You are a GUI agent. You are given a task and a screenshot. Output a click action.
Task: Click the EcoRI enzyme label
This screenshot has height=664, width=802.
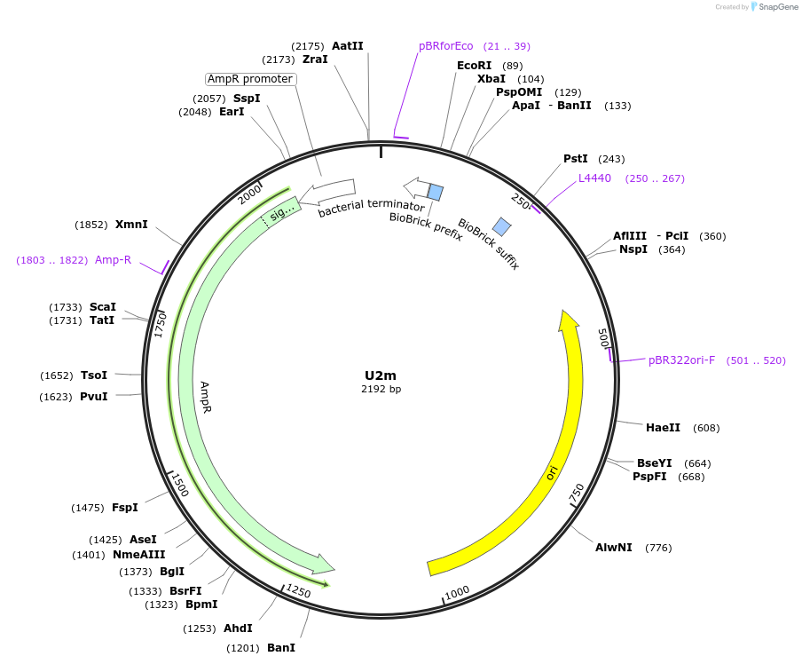tap(474, 66)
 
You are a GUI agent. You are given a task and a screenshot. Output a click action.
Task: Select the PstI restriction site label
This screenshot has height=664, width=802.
tap(576, 159)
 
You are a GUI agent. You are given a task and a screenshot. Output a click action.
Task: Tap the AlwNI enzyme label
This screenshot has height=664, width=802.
tap(614, 548)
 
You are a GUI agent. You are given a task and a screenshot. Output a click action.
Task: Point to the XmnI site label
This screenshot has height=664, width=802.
tap(131, 225)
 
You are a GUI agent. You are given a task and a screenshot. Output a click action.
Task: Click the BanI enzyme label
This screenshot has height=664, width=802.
tap(281, 648)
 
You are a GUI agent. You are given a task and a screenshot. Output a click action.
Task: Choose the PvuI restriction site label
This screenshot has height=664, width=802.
tap(94, 397)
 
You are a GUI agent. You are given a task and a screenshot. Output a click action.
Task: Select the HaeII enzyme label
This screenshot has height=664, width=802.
tap(663, 428)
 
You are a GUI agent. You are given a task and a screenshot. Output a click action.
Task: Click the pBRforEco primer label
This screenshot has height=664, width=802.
tap(446, 46)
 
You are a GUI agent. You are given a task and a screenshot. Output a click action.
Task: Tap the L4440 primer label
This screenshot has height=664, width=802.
tap(594, 178)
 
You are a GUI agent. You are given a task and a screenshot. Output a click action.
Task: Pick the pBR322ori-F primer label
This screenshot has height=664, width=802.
tap(681, 360)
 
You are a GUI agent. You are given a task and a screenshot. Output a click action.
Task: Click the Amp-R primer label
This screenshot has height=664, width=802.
tap(113, 260)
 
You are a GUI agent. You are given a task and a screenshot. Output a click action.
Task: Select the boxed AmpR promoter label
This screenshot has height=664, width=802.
tap(250, 79)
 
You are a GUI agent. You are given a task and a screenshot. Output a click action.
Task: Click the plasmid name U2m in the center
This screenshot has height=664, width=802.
tap(381, 375)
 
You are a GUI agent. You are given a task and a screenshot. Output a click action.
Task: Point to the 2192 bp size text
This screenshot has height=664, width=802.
tap(381, 390)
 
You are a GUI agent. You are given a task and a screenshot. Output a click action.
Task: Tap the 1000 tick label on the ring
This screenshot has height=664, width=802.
tap(457, 592)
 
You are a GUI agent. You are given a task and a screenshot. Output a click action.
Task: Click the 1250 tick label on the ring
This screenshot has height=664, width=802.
tap(297, 591)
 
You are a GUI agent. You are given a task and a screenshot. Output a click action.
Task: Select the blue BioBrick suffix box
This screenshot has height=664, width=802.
tap(502, 226)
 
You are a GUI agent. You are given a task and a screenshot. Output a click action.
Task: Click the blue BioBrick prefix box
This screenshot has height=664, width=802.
tap(436, 192)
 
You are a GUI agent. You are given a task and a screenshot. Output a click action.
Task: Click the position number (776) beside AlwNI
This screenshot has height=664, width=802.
tap(658, 548)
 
